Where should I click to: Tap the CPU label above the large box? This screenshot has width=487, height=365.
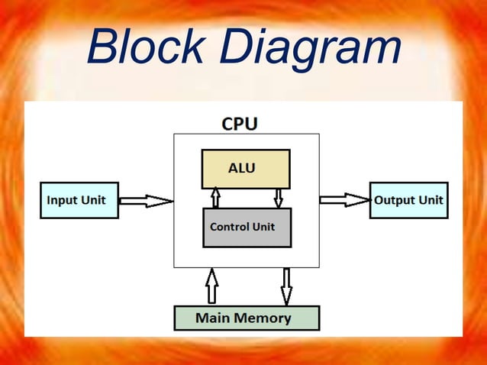pos(239,123)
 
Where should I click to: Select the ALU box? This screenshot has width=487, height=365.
pos(245,169)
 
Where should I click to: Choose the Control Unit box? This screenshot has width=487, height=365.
pos(247,228)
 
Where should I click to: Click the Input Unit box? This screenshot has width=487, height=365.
pos(79,200)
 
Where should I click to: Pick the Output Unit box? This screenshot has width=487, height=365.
pos(408,200)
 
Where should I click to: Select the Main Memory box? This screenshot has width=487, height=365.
pos(246,318)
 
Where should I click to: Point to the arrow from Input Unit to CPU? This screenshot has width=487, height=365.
pos(146,201)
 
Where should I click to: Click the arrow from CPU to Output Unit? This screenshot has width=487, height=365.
pos(344,200)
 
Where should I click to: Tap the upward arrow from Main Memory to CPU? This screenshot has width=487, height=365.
pos(211,286)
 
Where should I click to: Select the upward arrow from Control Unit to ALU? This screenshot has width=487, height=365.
pos(216,198)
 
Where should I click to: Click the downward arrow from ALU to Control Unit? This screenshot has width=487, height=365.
pos(278,198)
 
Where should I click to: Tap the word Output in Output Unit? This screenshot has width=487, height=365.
pos(393,200)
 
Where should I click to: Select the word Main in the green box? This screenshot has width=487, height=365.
pos(213,318)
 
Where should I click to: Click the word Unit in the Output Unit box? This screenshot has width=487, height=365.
pos(429,200)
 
